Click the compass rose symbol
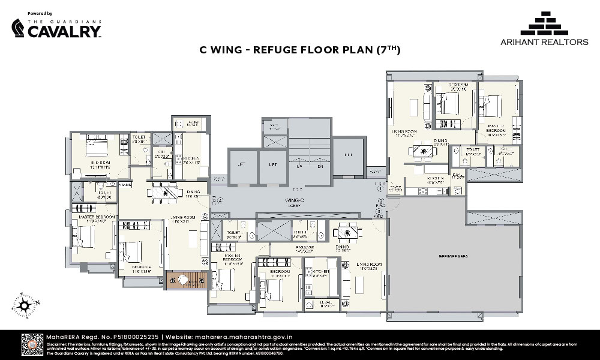[25, 305]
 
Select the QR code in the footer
[33, 344]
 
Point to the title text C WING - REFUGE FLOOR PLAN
[299, 51]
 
